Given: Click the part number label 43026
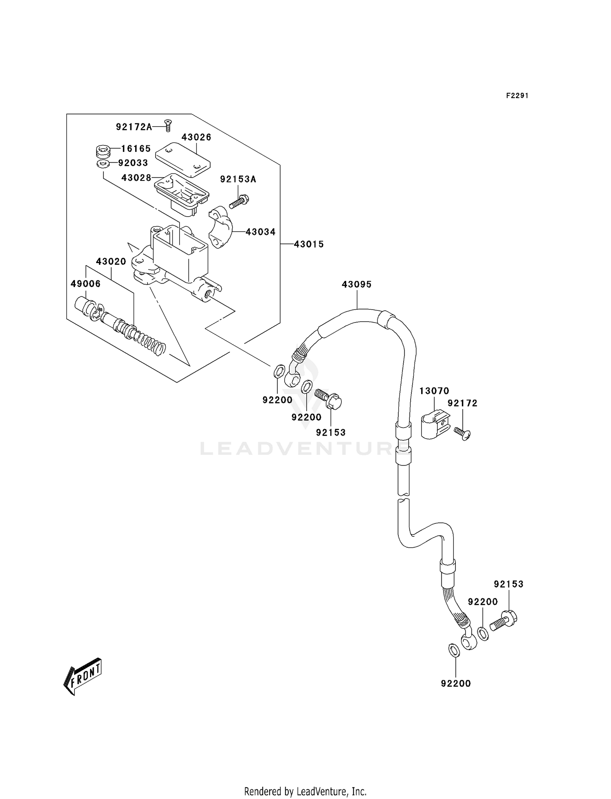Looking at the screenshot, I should coord(196,137).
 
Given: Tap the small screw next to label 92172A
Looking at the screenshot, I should coord(167,125).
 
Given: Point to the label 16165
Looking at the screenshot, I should coord(136,149).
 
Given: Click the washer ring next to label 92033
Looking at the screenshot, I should coord(102,164).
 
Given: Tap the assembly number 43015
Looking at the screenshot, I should coord(309,244).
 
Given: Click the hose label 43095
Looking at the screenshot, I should coord(356,285).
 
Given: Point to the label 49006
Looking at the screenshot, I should coord(86,284).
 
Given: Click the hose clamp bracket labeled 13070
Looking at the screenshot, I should coord(434,425).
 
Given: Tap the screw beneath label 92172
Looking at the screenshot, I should coord(463,432).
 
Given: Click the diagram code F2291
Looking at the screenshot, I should coord(517,96).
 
